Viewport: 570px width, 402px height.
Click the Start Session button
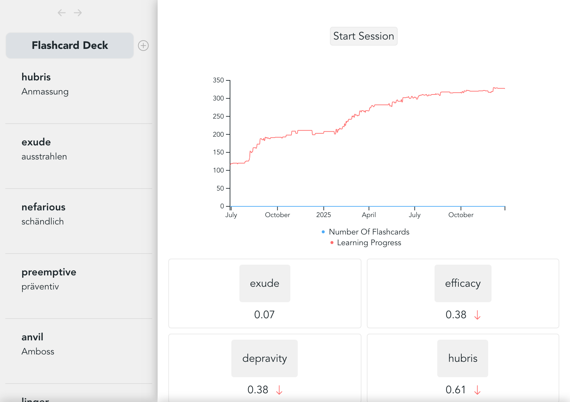coord(363,36)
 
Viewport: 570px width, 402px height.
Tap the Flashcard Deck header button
coord(70,46)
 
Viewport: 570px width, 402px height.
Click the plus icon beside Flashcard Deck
coord(144,46)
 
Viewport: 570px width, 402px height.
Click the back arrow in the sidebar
coord(61,13)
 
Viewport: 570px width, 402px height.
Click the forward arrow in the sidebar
coord(78,13)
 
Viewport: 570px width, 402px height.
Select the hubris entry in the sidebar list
coord(36,77)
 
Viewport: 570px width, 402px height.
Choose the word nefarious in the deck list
coord(44,207)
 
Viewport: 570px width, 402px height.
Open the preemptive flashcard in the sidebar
coord(49,272)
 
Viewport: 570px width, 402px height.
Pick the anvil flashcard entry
coord(33,337)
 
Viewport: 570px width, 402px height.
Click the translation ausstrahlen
coord(44,156)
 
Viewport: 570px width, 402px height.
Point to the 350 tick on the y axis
coord(218,80)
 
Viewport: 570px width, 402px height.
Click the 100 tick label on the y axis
coord(218,170)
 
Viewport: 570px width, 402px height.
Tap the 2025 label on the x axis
coord(324,215)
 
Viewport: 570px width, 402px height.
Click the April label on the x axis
coord(369,215)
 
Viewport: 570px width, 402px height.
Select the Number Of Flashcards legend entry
coord(369,232)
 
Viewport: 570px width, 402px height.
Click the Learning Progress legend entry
coord(369,243)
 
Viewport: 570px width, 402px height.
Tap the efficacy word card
coord(463,283)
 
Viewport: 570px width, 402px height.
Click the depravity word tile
coord(265,358)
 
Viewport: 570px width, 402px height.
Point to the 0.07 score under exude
coord(264,315)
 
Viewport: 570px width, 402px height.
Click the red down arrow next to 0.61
coord(477,390)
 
